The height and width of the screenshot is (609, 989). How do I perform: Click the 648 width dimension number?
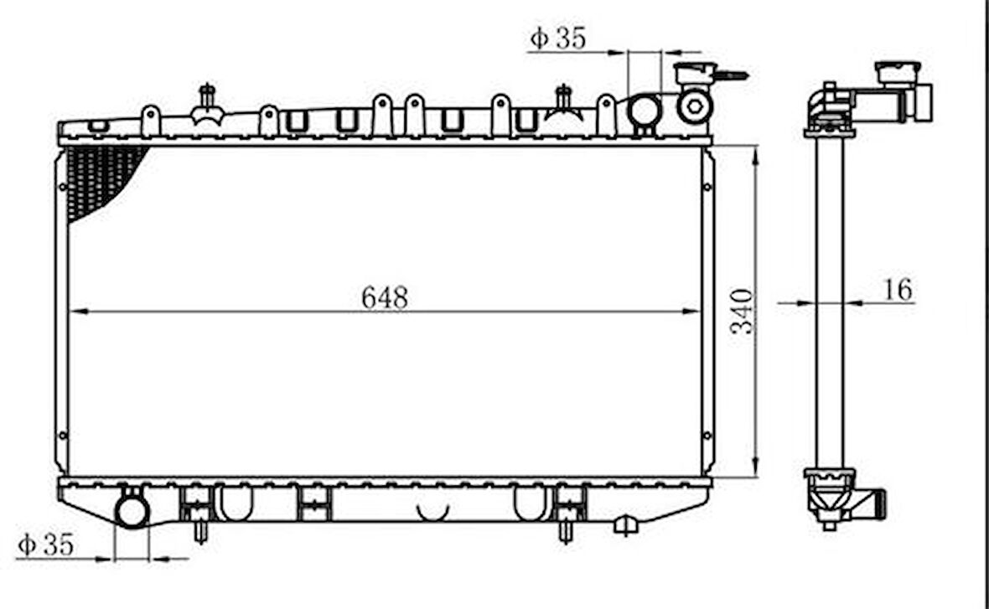coord(385,297)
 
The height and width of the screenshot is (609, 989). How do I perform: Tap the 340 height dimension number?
coord(742,312)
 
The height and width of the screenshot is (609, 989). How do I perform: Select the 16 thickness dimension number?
coord(898,290)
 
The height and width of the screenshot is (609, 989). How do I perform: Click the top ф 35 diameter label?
coord(558,38)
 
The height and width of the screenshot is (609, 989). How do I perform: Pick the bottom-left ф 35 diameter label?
coord(45,545)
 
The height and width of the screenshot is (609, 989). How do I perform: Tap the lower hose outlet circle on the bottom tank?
coord(132,510)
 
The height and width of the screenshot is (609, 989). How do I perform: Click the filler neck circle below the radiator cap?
coord(695,106)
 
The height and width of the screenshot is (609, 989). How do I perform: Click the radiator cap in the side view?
coord(897,72)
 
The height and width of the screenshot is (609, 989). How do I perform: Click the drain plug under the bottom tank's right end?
coord(625,525)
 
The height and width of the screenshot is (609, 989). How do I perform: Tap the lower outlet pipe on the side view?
coord(875,504)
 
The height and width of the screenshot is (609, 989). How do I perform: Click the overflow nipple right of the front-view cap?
coord(731,75)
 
